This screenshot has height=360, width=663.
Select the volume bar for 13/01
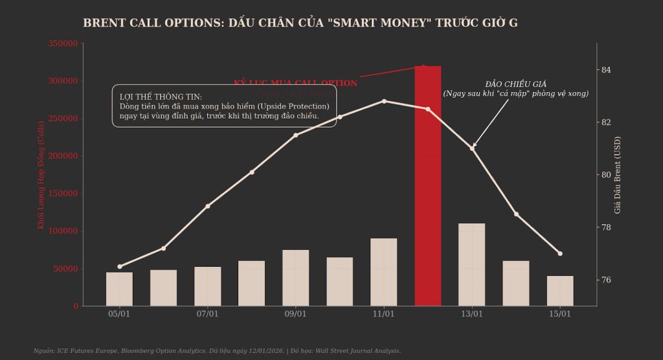tap(472, 265)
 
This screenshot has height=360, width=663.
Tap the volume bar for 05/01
tap(119, 289)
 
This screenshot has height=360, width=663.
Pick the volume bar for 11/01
tap(384, 272)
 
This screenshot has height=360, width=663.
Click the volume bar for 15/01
tap(560, 291)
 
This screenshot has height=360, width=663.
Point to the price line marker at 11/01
tap(384, 101)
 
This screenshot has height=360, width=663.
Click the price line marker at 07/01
tap(208, 206)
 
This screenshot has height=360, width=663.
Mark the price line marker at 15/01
tap(560, 253)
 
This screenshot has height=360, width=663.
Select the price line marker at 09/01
tap(296, 135)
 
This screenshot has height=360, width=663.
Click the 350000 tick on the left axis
tap(63, 43)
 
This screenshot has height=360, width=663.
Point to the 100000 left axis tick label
tap(63, 231)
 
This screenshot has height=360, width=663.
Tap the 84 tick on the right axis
tap(606, 70)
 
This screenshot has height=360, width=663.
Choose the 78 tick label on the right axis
tap(606, 227)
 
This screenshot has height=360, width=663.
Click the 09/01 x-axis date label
tap(296, 314)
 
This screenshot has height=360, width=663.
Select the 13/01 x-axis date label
tap(472, 314)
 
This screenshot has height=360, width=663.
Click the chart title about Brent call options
tap(300, 23)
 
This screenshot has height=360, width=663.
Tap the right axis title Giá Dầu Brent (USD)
tap(618, 175)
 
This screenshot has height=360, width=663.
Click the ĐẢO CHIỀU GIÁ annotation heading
tap(516, 84)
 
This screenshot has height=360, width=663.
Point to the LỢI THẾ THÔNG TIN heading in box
tap(161, 96)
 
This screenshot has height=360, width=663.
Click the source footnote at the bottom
tap(217, 351)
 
